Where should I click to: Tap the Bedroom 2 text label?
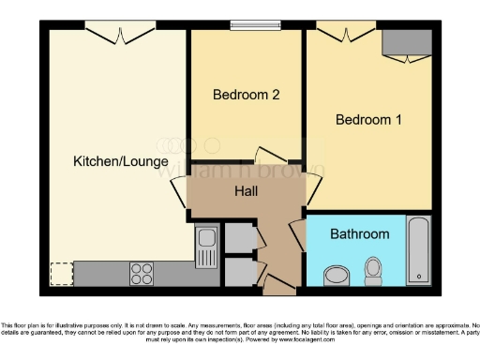pos(246,95)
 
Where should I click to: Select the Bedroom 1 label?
pos(368,120)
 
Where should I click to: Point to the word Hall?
pos(247,192)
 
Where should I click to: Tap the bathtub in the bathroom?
pos(418,250)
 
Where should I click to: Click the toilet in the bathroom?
pos(374,271)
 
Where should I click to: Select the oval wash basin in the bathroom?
pos(336,276)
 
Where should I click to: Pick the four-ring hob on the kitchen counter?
pos(142,274)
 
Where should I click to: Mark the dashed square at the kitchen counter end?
pos(61,274)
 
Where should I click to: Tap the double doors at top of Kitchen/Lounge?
pos(119,34)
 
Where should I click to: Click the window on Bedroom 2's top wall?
pos(248,25)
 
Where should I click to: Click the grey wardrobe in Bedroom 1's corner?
pos(405,41)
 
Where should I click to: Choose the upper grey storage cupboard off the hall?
pos(239,238)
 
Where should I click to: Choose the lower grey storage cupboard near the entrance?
pos(239,271)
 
